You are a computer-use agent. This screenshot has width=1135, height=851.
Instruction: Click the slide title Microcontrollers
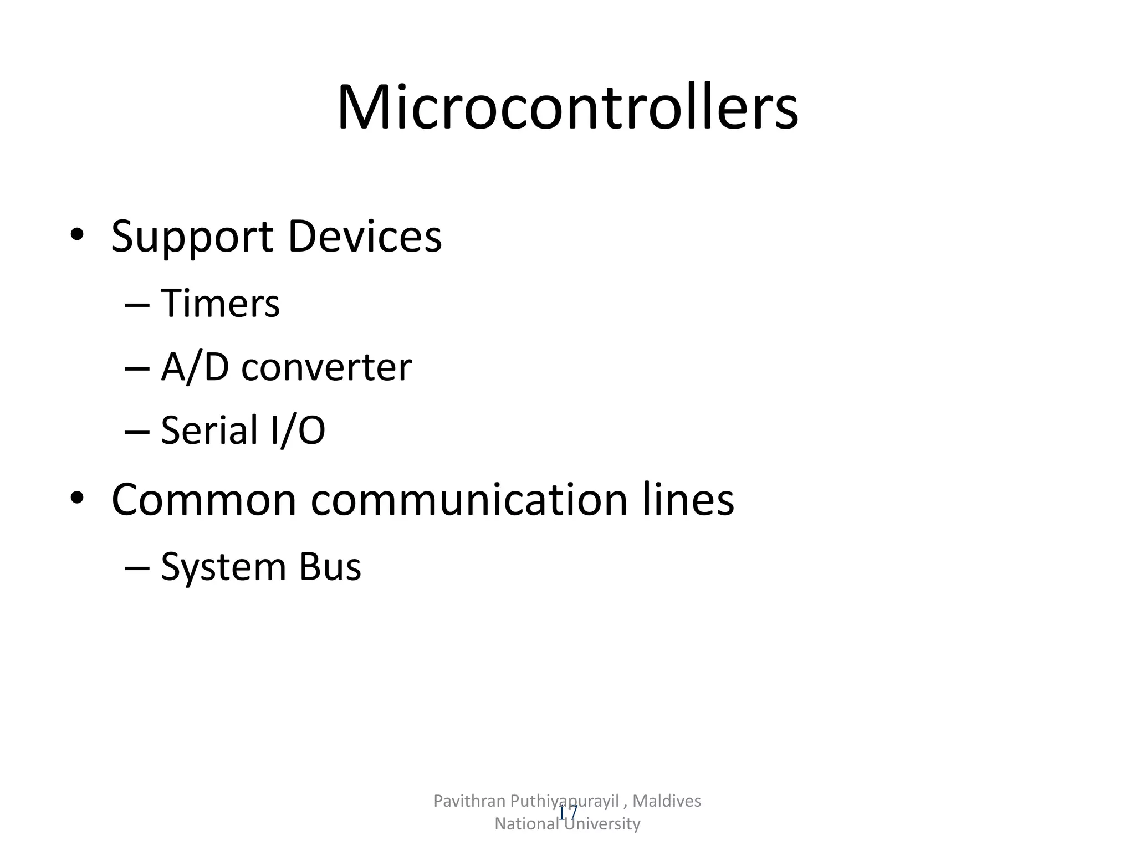567,107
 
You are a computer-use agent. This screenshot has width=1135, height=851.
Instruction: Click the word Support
192,237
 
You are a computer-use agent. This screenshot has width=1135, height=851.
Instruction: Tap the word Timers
220,304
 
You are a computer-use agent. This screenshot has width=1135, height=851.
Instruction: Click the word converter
326,368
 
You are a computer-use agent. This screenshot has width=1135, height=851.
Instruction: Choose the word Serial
210,430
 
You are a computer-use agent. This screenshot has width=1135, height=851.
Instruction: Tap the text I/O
298,430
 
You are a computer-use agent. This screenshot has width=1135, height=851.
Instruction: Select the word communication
469,500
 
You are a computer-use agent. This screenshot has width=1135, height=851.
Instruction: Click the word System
223,567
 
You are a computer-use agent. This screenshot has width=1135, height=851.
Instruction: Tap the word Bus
330,567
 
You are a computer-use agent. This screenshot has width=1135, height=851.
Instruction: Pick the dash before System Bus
137,568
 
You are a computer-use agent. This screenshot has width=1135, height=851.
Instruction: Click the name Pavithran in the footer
469,801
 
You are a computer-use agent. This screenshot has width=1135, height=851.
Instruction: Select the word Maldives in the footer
667,801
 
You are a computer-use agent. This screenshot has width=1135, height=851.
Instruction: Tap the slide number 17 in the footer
568,813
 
